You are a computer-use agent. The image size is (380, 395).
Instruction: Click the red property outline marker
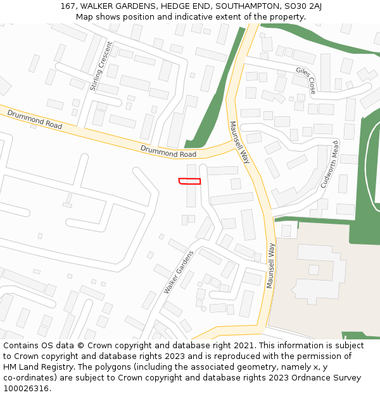190,181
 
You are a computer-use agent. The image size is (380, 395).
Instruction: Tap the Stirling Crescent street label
101,66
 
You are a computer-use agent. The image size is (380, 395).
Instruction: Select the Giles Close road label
305,80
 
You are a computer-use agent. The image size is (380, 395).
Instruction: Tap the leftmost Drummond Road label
35,119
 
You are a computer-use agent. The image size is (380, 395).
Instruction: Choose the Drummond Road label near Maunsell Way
168,151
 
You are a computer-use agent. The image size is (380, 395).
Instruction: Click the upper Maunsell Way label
240,142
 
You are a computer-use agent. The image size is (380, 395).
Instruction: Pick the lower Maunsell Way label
270,265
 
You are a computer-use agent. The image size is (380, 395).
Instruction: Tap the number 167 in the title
68,6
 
